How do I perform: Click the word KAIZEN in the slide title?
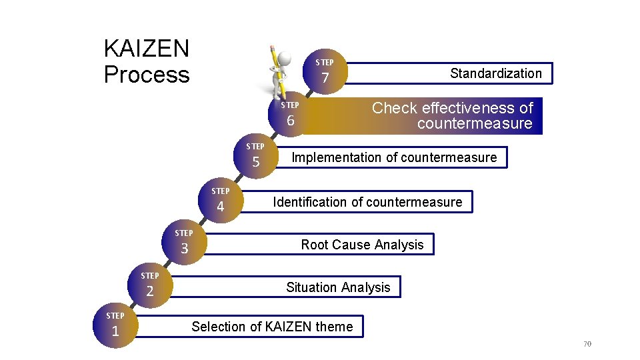[147, 49]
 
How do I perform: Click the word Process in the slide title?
[147, 75]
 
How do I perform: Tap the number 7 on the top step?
[325, 79]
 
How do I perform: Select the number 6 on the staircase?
[290, 121]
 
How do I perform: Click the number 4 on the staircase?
[220, 207]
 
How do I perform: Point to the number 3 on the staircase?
[185, 249]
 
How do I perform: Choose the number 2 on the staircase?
[150, 291]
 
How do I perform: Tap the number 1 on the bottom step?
[115, 331]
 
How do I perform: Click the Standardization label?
[495, 73]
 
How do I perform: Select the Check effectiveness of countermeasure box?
[453, 116]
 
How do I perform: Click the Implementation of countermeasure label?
[394, 157]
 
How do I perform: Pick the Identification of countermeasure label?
[367, 202]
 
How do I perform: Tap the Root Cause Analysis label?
[362, 245]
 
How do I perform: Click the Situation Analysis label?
[338, 287]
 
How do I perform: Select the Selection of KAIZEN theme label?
[272, 327]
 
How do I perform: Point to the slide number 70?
[587, 344]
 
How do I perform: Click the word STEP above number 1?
[115, 315]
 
